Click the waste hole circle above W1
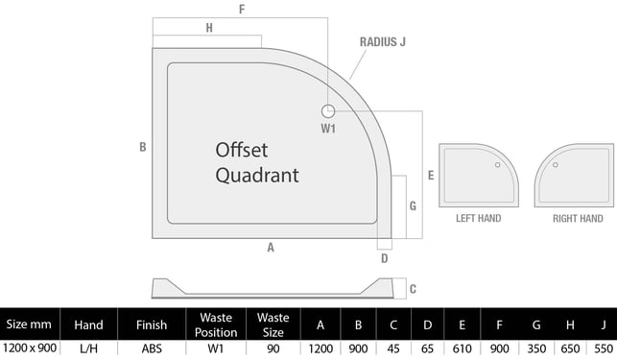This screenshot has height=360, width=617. [328, 111]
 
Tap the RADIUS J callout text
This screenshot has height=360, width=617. [383, 41]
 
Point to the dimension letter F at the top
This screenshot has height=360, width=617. [242, 9]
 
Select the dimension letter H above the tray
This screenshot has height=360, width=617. [209, 28]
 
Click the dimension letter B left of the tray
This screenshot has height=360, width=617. [143, 147]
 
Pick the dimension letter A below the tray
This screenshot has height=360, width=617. [271, 248]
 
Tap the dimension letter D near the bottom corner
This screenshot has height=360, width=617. [385, 258]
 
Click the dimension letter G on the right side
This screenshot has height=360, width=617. [413, 205]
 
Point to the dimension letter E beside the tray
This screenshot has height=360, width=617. [431, 176]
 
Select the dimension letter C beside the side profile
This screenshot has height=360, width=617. [413, 289]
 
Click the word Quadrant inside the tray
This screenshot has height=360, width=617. [257, 176]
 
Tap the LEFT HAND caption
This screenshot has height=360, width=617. [479, 218]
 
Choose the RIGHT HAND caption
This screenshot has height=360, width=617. [578, 219]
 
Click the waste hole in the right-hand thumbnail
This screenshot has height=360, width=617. [556, 164]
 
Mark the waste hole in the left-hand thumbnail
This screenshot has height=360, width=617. [498, 164]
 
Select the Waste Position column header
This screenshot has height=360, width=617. [216, 324]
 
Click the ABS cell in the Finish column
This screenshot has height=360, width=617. [152, 349]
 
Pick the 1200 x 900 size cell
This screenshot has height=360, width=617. [30, 348]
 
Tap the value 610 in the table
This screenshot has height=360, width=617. [462, 349]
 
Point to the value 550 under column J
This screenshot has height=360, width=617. [604, 349]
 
